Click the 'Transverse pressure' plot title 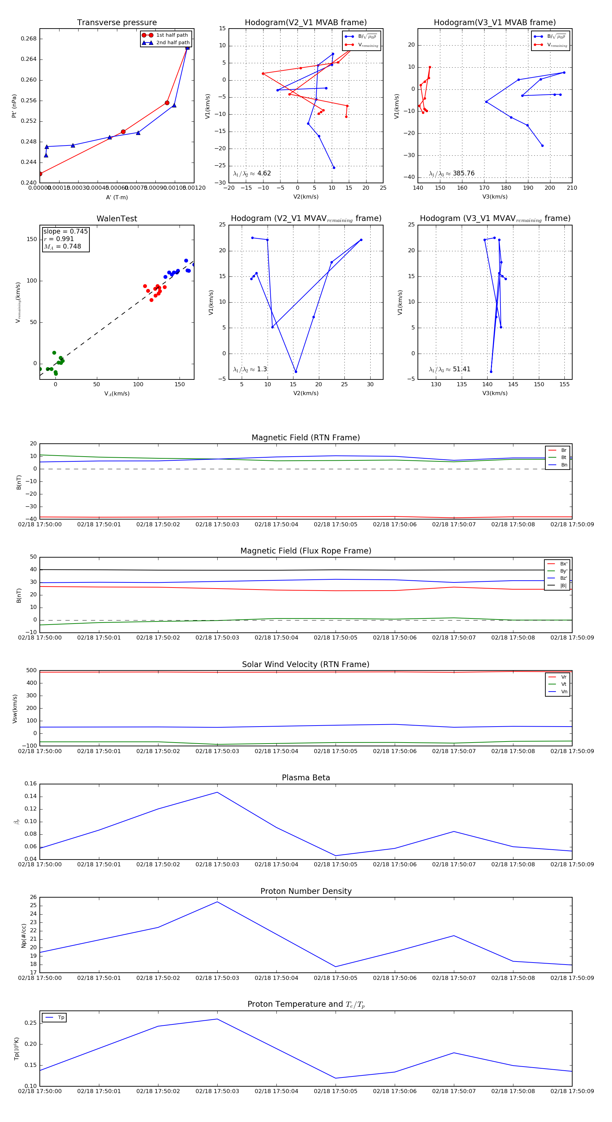[117, 23]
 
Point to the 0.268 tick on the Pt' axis [29, 39]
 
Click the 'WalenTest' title [117, 219]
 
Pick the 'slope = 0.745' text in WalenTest [65, 231]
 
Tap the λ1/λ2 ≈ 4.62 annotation [252, 173]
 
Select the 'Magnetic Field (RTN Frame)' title [306, 438]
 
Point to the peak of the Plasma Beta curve [217, 792]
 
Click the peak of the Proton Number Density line [217, 902]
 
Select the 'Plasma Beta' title [306, 778]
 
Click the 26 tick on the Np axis [34, 897]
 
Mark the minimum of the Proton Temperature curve [335, 1078]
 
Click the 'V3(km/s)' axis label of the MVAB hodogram [495, 197]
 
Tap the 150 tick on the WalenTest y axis [32, 239]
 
